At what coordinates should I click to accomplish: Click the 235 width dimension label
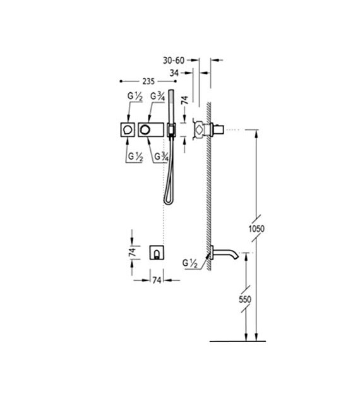pos(148,81)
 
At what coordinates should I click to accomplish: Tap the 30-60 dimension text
pos(174,60)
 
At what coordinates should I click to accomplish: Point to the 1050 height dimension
pos(256,229)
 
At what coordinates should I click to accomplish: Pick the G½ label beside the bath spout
pos(190,263)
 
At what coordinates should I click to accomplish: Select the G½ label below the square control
pos(135,156)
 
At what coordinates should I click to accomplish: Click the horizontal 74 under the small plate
pos(156,280)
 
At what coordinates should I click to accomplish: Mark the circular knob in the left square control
pos(129,129)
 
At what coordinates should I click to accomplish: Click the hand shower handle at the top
pos(171,107)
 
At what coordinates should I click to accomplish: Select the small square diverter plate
pos(156,253)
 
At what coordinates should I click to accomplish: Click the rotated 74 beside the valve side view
pos(184,101)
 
